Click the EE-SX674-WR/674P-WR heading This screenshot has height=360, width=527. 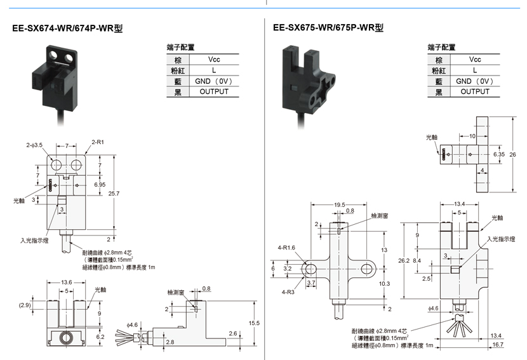pyautogui.click(x=67, y=28)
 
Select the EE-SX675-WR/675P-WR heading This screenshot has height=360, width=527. pyautogui.click(x=328, y=27)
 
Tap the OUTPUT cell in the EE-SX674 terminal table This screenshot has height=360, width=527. pyautogui.click(x=214, y=92)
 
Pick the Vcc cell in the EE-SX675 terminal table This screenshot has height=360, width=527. pyautogui.click(x=475, y=60)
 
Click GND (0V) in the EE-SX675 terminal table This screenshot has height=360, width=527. pyautogui.click(x=474, y=81)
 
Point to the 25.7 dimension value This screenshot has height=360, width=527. pyautogui.click(x=114, y=194)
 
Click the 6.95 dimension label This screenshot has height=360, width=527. pyautogui.click(x=100, y=185)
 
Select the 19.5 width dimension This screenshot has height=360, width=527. pyautogui.click(x=340, y=204)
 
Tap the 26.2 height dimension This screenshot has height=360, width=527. pyautogui.click(x=404, y=260)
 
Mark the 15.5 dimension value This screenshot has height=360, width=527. pyautogui.click(x=254, y=323)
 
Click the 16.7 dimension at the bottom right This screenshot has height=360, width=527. pyautogui.click(x=498, y=345)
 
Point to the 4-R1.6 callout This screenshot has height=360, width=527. pyautogui.click(x=286, y=248)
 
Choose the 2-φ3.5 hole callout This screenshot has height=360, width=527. pyautogui.click(x=35, y=145)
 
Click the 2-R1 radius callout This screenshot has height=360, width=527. pyautogui.click(x=98, y=142)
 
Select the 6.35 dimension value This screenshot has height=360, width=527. pyautogui.click(x=499, y=154)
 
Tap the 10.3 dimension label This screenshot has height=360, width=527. pyautogui.click(x=384, y=284)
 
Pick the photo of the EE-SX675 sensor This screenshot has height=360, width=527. pyautogui.click(x=307, y=86)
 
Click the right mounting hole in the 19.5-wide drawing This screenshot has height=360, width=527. pyautogui.click(x=367, y=269)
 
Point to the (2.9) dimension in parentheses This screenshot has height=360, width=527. pyautogui.click(x=25, y=305)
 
